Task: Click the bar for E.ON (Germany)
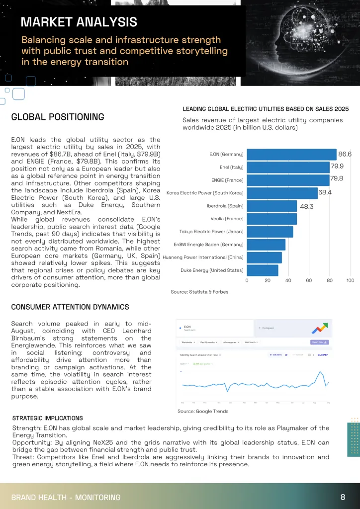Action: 291,154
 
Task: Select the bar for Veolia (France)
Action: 271,219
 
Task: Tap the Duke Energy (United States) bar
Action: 263,270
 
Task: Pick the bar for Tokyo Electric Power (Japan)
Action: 270,232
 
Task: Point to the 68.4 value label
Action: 325,193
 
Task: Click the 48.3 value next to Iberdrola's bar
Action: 307,206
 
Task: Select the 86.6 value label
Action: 345,154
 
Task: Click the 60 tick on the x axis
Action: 309,281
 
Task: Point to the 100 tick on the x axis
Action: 350,281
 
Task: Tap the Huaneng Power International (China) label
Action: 203,257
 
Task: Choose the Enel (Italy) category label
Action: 231,167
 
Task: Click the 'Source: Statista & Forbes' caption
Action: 199,292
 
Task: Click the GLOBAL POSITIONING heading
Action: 58,117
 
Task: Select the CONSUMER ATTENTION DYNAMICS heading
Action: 70,307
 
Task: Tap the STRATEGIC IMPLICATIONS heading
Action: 47,418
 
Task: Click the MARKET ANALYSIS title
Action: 79,22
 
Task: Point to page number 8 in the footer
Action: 343,497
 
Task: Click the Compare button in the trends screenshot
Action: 267,328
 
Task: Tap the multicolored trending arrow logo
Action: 319,328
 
